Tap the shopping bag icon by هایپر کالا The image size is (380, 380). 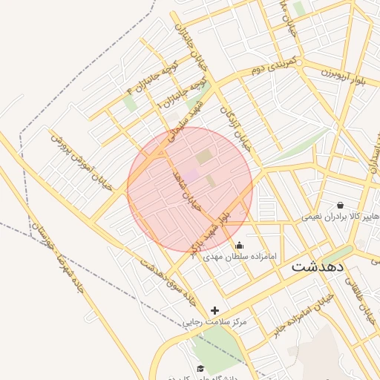point(340,205)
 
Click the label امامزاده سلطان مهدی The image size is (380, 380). point(240,256)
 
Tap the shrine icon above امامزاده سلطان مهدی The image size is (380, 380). point(238,245)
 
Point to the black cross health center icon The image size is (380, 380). point(215,310)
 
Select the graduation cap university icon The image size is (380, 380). point(200,368)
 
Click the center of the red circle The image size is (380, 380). point(190,189)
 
